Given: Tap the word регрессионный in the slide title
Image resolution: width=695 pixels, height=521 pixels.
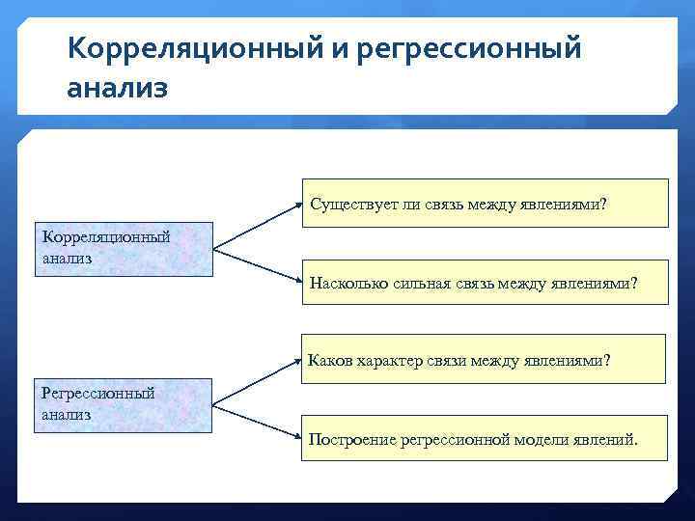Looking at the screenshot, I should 469,47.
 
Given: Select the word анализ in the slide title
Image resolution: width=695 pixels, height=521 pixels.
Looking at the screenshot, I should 118,88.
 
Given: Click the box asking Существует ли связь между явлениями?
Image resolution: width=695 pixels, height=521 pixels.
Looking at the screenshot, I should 485,204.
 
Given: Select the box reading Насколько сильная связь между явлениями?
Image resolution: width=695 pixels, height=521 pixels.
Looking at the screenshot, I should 485,283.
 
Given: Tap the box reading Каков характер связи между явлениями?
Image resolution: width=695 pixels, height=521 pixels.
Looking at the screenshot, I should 485,360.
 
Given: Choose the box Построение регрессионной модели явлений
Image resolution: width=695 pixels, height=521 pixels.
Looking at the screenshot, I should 485,439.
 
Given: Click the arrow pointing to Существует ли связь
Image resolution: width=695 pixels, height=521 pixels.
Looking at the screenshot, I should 255,226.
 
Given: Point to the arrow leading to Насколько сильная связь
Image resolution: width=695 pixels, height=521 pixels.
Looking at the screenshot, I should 255,266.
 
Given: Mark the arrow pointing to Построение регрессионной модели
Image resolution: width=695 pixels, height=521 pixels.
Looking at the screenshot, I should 255,422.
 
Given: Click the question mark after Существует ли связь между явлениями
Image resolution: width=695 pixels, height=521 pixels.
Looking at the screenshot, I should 603,205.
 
